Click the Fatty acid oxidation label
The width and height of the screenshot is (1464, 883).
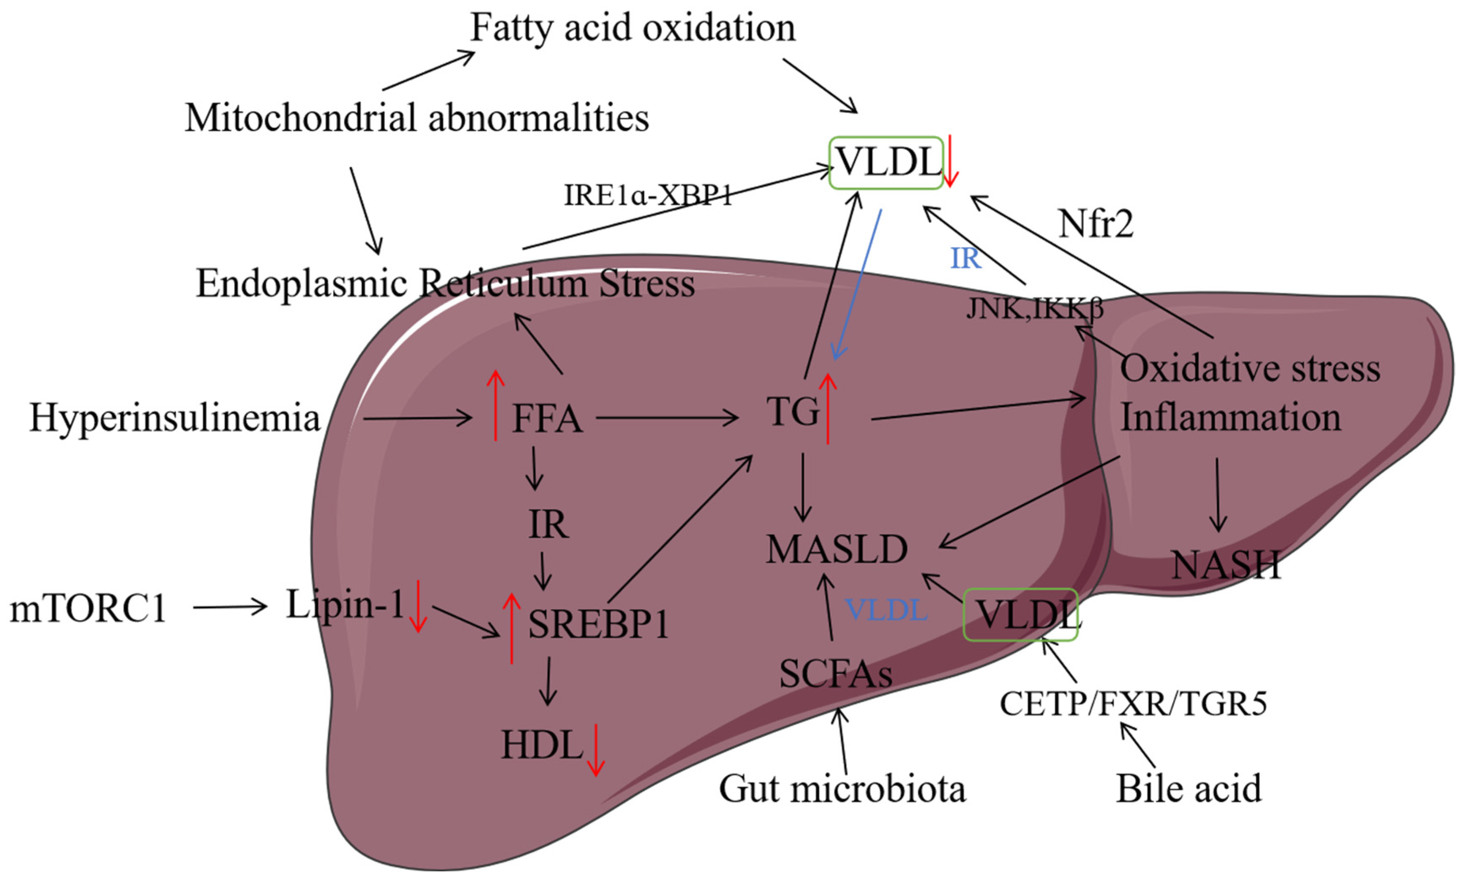pyautogui.click(x=633, y=28)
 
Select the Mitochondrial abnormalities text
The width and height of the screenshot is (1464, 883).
pyautogui.click(x=417, y=117)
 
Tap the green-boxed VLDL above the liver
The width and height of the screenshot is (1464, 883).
pyautogui.click(x=886, y=163)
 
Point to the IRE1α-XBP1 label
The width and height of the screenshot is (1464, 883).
pyautogui.click(x=648, y=195)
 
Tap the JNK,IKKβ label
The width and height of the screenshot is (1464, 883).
pyautogui.click(x=1034, y=308)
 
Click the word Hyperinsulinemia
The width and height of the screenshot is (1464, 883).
pyautogui.click(x=174, y=418)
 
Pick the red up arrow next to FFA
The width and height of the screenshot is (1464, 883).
pyautogui.click(x=495, y=405)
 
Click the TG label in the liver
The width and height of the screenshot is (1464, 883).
pyautogui.click(x=793, y=411)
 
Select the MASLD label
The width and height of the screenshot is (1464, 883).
pyautogui.click(x=837, y=549)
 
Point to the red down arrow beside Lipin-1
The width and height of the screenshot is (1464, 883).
pyautogui.click(x=418, y=606)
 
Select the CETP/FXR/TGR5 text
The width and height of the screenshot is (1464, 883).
pyautogui.click(x=1133, y=704)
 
